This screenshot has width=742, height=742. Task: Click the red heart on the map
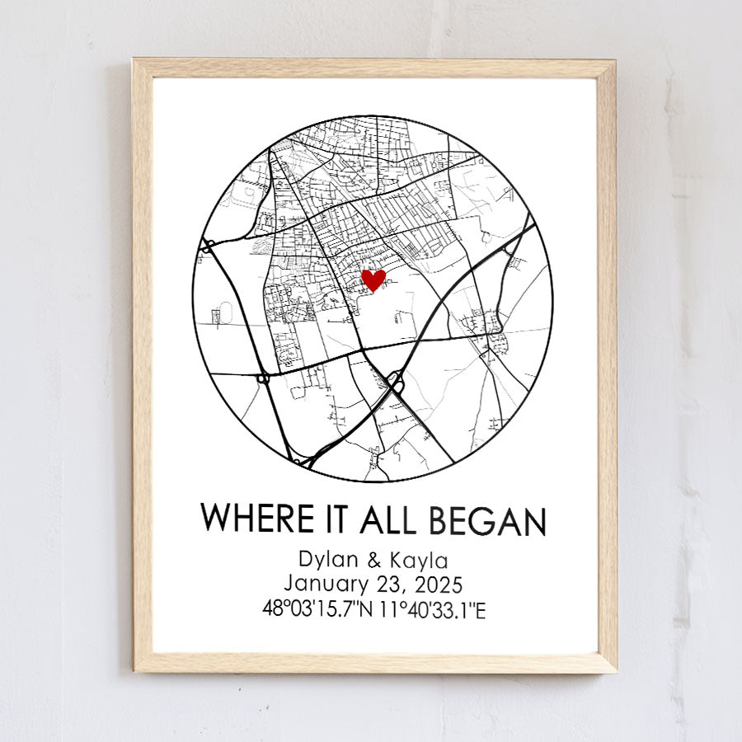pyautogui.click(x=373, y=279)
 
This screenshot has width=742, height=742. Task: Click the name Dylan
pyautogui.click(x=327, y=561)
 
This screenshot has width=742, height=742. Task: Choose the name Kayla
pyautogui.click(x=420, y=561)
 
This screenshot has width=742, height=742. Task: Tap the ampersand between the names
pyautogui.click(x=373, y=561)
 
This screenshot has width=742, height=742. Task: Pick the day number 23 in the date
pyautogui.click(x=391, y=585)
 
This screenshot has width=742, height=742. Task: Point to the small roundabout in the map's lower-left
pyautogui.click(x=263, y=378)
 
